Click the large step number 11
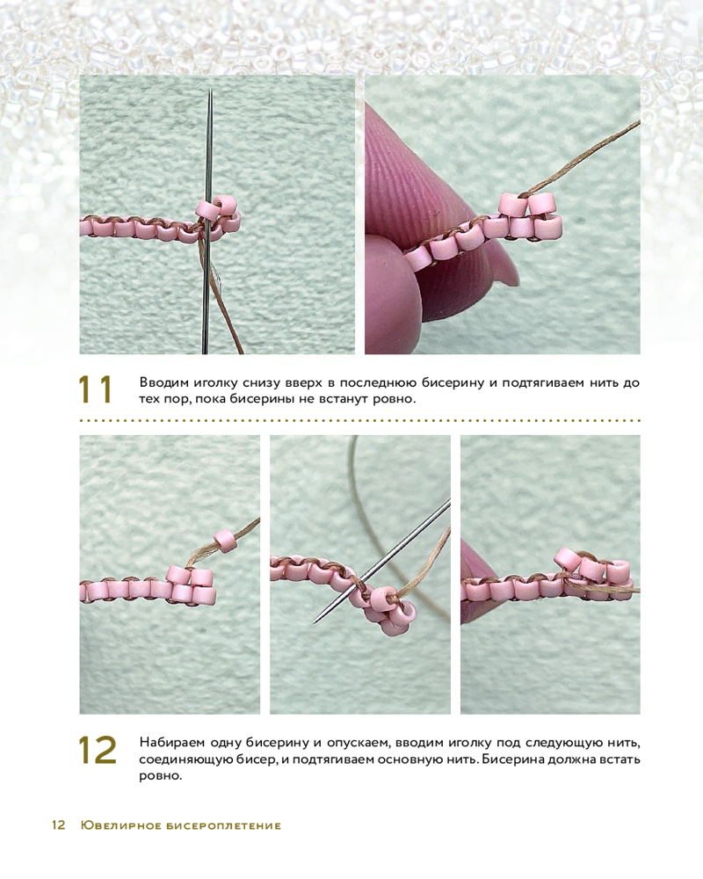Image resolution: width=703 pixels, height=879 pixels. (95, 389)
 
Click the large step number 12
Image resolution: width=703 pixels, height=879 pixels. (98, 750)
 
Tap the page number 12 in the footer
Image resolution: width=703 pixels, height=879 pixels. (58, 825)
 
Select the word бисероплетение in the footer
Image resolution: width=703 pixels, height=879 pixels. (224, 825)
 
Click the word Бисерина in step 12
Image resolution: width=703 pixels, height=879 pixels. (511, 760)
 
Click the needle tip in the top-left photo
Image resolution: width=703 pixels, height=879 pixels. (210, 90)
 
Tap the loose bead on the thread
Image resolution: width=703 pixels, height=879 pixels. (225, 541)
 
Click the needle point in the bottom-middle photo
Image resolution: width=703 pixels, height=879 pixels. (315, 621)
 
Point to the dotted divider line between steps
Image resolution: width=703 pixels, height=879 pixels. (360, 420)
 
